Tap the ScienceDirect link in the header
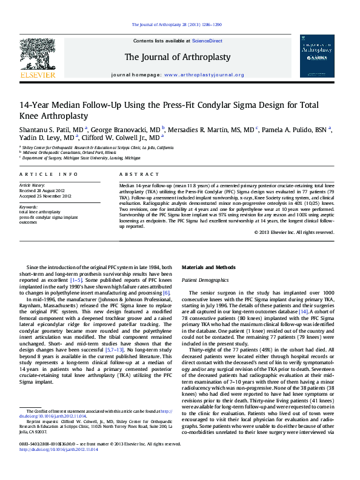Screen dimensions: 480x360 tap(207, 41)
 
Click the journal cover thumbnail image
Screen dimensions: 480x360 tap(316, 55)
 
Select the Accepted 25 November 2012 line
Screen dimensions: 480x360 tap(45, 196)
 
